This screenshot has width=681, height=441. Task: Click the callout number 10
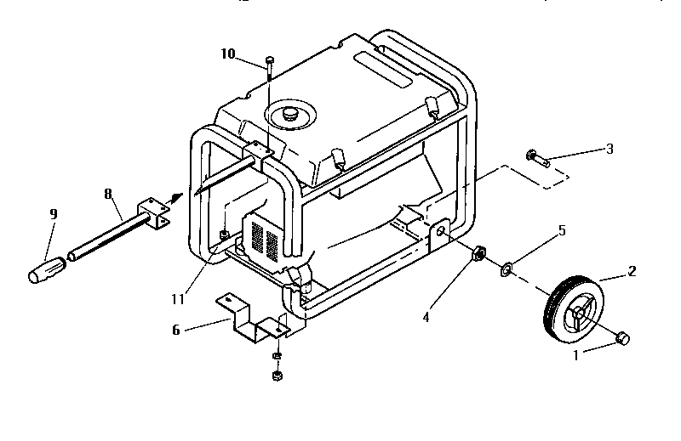pos(227,54)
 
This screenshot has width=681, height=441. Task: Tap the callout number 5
pos(562,230)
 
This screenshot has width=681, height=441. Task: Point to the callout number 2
pos(632,272)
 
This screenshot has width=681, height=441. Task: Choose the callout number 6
pos(176,330)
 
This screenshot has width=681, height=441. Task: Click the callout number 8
pos(108,194)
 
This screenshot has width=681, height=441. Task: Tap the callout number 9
pos(53,214)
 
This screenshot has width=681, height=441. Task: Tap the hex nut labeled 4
pos(478,252)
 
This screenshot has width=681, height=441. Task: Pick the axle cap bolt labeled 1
pos(622,337)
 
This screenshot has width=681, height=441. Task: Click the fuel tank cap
pos(292,112)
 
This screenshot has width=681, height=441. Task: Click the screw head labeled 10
pos(269,59)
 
